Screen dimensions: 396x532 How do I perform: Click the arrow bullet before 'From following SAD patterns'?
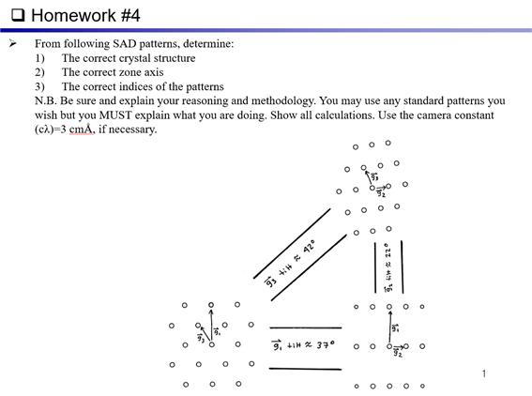point(13,43)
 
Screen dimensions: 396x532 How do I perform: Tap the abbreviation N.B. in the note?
point(47,100)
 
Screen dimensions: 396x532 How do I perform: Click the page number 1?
point(484,374)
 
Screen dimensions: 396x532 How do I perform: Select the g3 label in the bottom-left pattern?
point(200,335)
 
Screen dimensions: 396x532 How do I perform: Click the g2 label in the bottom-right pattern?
point(398,353)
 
